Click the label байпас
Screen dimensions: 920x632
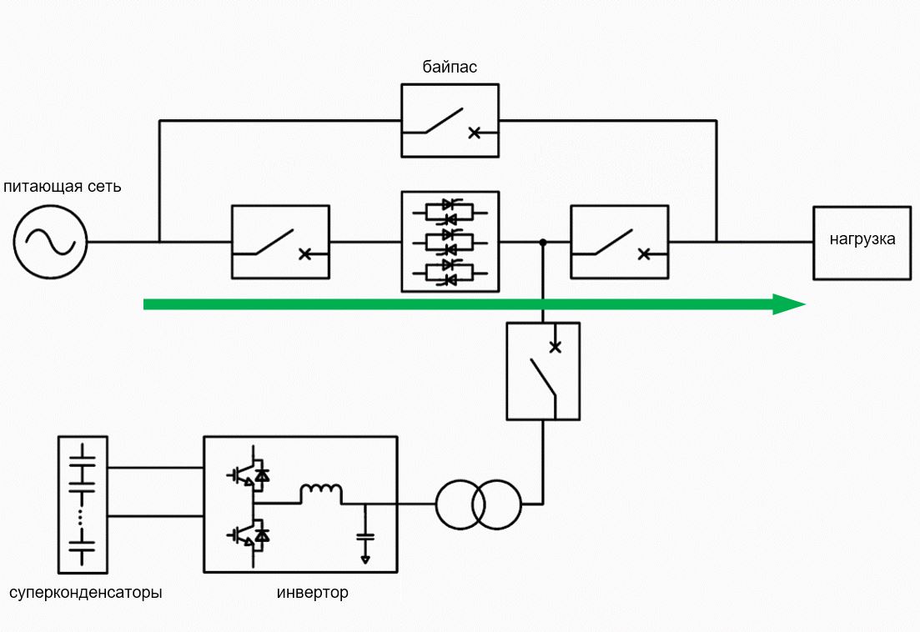(x=450, y=67)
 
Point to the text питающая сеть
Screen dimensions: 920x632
(x=63, y=187)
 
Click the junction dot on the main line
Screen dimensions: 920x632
(x=543, y=242)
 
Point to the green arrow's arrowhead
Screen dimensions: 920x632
(x=789, y=304)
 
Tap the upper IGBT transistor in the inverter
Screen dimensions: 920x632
(x=249, y=474)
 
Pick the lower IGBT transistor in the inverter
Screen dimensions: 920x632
(x=249, y=534)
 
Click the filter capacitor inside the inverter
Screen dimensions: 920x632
(x=365, y=536)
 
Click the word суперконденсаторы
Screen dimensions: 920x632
(x=86, y=593)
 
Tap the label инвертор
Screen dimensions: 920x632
(x=312, y=592)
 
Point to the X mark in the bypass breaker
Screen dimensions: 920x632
(x=474, y=133)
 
